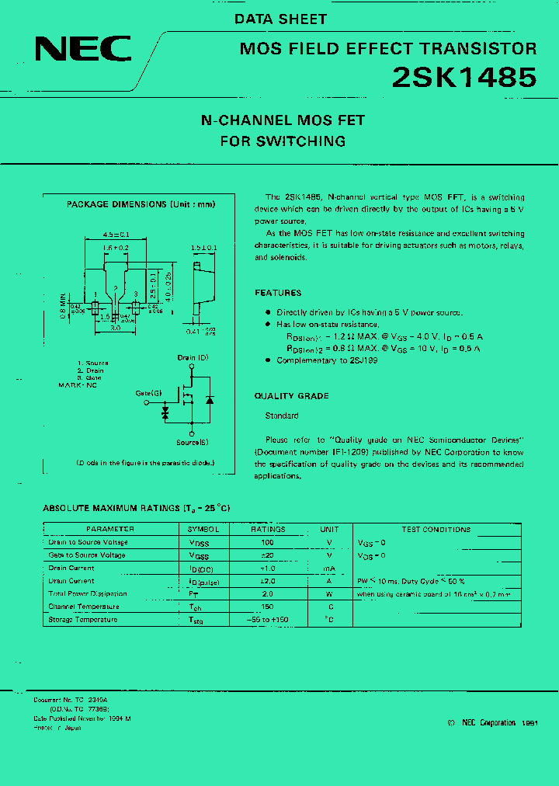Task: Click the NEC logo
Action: (83, 50)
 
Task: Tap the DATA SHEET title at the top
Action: (281, 19)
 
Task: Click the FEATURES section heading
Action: (278, 293)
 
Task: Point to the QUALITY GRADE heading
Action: (291, 396)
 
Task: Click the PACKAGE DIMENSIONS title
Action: (141, 205)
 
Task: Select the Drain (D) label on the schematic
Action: (192, 357)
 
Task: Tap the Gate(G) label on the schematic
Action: (148, 394)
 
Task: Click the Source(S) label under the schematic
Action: (191, 443)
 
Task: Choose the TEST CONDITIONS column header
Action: (436, 529)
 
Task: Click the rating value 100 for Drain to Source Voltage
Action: (268, 542)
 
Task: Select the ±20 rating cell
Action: (268, 555)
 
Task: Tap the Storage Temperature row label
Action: (83, 620)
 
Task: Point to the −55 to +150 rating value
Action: (268, 620)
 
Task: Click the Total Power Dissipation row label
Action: (88, 594)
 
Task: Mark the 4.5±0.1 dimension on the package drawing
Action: (116, 234)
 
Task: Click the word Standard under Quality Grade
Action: (282, 416)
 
